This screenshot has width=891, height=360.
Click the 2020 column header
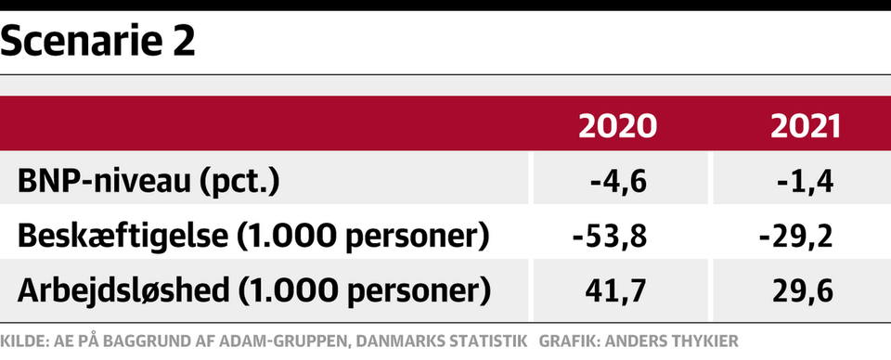pos(618,126)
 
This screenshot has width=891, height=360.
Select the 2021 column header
pos(806,126)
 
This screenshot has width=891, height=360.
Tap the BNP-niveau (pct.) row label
pos(148,183)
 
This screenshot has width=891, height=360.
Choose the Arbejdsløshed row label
pos(254,290)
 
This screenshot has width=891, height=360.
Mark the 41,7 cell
pos(615,291)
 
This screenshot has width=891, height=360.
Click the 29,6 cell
pos(803,291)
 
